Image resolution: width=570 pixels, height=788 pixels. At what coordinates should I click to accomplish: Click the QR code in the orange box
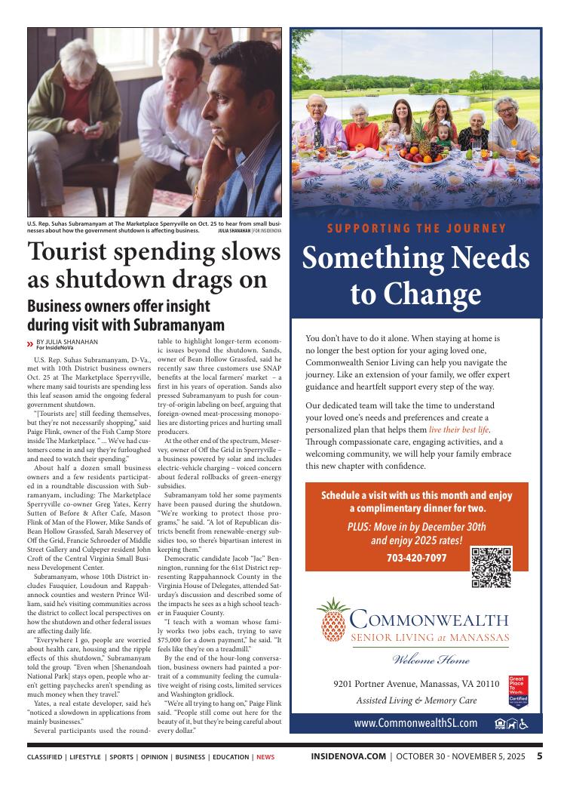click(491, 567)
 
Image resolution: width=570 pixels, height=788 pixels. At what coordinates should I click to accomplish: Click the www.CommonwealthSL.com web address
click(415, 723)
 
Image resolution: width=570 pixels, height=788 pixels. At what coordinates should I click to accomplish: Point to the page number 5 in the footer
click(540, 756)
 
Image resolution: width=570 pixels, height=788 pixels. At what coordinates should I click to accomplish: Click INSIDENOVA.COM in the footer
click(348, 756)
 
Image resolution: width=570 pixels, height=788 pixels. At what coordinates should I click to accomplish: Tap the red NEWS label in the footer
click(265, 757)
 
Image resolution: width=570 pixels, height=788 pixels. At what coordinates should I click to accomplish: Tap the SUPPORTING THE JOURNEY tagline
click(416, 229)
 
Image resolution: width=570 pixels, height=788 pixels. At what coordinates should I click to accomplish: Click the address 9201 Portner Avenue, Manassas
click(415, 684)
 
